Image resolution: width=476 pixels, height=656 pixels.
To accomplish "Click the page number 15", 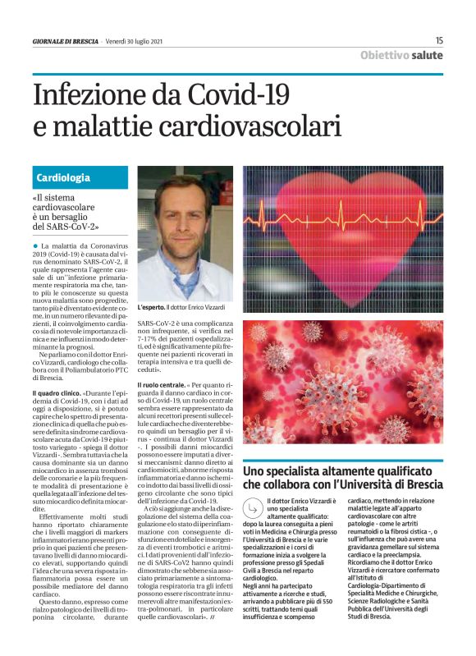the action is [x=439, y=39].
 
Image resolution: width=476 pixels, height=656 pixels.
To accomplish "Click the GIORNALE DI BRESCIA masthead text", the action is [x=66, y=40].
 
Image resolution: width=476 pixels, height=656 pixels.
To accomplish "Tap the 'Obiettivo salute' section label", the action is [x=401, y=55].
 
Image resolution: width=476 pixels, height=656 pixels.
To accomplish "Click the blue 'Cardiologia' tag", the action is [x=63, y=177].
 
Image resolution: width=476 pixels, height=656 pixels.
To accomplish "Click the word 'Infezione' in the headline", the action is [x=91, y=95].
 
